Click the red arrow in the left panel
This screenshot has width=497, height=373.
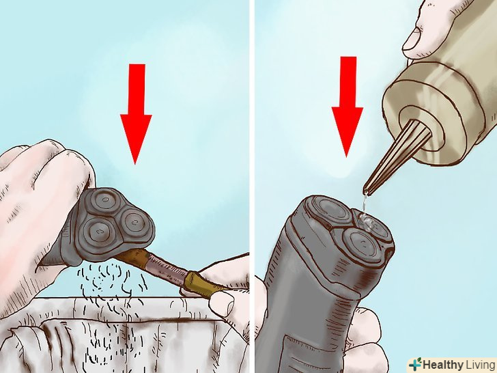click(x=136, y=114)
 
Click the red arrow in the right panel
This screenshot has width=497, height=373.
click(x=347, y=107)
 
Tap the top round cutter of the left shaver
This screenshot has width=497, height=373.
click(x=104, y=200)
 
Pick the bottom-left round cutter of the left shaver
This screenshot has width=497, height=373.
click(x=97, y=230)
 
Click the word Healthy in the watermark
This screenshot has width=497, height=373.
click(x=443, y=364)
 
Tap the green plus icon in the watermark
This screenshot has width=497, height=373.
click(x=416, y=364)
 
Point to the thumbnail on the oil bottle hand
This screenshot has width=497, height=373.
click(x=413, y=39)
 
